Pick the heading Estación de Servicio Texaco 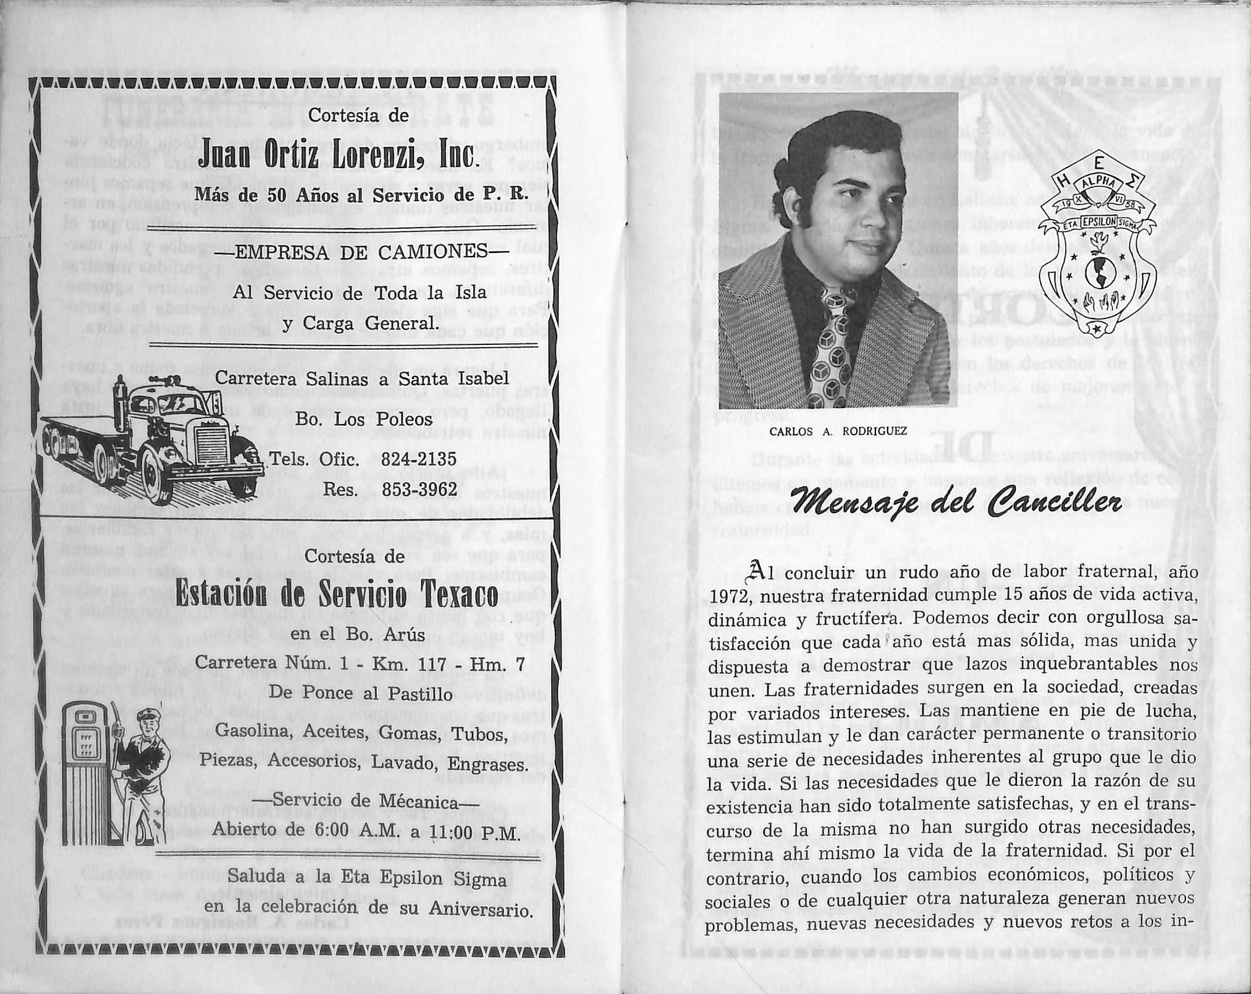click(x=336, y=597)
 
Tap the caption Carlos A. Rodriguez click(x=838, y=431)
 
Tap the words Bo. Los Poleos click(x=363, y=420)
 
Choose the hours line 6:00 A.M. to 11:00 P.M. click(x=364, y=833)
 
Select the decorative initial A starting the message click(x=756, y=572)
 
